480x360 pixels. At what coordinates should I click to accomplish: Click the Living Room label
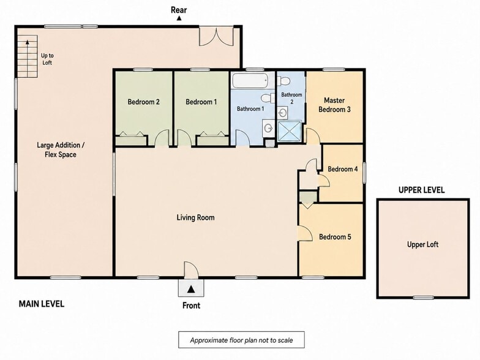tap(196, 218)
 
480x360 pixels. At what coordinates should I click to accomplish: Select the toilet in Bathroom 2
tap(284, 81)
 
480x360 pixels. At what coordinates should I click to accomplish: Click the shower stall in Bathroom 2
tap(289, 132)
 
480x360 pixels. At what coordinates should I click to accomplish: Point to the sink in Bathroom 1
tap(268, 129)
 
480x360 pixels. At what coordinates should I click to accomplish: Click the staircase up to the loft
tap(28, 56)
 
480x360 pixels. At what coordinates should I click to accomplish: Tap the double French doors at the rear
tap(217, 37)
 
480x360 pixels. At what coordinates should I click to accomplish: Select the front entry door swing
tap(191, 270)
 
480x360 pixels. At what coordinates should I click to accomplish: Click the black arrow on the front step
tap(191, 289)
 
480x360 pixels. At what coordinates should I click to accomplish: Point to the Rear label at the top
tap(179, 10)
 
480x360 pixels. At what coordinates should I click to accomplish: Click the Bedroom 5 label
tap(335, 237)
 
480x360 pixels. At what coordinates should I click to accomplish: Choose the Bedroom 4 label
tap(343, 169)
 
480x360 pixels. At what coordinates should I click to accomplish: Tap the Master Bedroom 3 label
tap(334, 105)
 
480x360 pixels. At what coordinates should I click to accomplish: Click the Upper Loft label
tap(422, 245)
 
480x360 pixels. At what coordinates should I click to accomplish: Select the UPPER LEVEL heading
tap(421, 190)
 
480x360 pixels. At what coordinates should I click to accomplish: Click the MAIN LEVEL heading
tap(42, 304)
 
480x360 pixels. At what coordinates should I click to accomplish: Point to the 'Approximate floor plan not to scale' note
tap(241, 340)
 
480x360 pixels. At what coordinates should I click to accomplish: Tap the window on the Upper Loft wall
tap(424, 298)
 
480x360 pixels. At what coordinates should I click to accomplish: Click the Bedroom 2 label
tap(143, 102)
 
